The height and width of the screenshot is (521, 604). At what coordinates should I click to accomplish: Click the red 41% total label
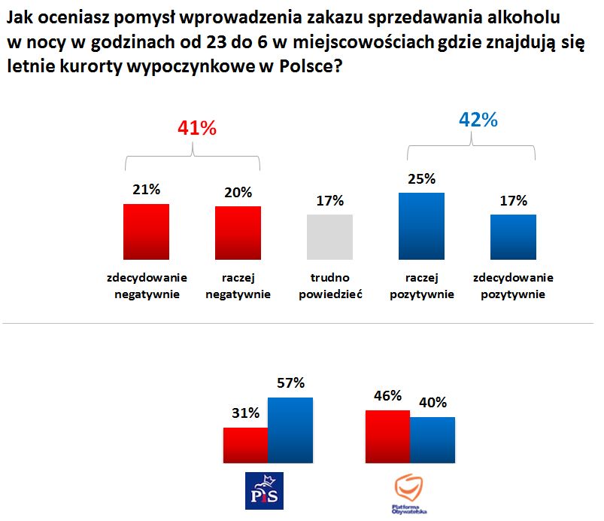pyautogui.click(x=197, y=129)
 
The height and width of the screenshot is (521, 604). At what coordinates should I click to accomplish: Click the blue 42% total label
pyautogui.click(x=478, y=120)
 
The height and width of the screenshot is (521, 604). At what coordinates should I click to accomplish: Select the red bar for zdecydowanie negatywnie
pyautogui.click(x=146, y=231)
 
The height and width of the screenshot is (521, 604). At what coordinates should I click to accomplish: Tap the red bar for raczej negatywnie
pyautogui.click(x=238, y=233)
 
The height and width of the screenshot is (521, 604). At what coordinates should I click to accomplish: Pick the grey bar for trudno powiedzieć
pyautogui.click(x=330, y=236)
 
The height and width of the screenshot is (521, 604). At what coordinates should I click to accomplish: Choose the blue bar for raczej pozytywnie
pyautogui.click(x=421, y=226)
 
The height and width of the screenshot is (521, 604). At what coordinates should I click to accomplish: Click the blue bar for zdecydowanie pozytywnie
pyautogui.click(x=513, y=236)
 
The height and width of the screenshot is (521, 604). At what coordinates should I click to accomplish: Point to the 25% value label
pyautogui.click(x=422, y=179)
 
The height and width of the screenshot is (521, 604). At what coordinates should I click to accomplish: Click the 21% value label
pyautogui.click(x=146, y=190)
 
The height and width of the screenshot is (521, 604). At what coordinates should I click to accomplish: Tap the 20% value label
pyautogui.click(x=238, y=192)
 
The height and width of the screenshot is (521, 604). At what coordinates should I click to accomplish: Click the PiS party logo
pyautogui.click(x=265, y=490)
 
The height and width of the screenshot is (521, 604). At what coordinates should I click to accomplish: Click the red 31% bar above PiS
pyautogui.click(x=245, y=446)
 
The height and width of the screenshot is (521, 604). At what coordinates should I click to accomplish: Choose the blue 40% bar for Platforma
pyautogui.click(x=433, y=440)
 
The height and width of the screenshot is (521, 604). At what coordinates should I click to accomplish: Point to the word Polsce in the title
pyautogui.click(x=309, y=66)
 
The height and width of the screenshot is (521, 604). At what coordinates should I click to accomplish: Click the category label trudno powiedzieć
pyautogui.click(x=330, y=286)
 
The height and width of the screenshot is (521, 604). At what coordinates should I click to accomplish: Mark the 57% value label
pyautogui.click(x=290, y=383)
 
